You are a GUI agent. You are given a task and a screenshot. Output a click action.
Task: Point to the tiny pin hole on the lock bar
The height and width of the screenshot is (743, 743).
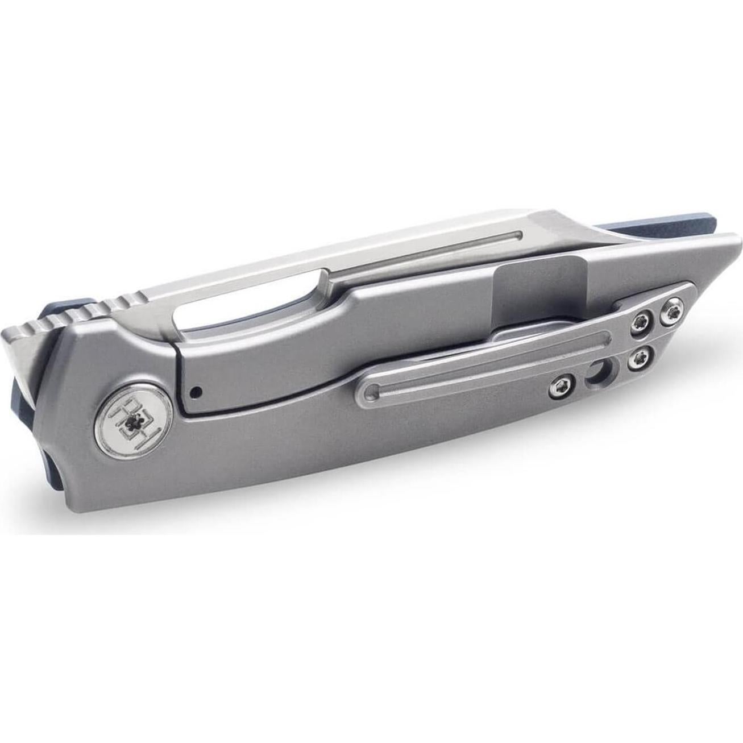tap(196, 391)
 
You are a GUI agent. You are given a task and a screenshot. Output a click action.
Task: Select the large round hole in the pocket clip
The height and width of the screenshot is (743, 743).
tap(596, 373)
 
